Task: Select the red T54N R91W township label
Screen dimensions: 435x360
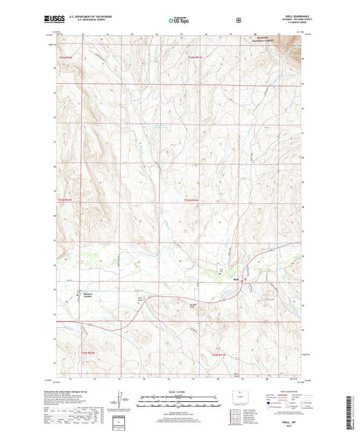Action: click(x=195, y=58)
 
